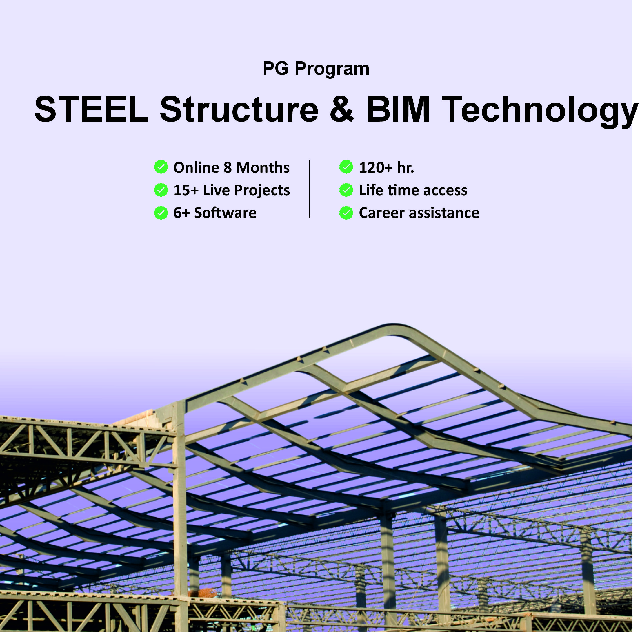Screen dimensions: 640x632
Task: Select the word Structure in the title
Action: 239,109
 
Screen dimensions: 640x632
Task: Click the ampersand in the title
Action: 342,109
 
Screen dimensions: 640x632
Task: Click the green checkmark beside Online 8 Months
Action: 161,167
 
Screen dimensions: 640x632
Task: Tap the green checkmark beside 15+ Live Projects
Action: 161,190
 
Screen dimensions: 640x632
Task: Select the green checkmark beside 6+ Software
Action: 161,213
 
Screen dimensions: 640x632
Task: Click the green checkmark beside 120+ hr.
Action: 346,167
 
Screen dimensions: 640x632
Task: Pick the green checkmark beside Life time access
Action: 346,190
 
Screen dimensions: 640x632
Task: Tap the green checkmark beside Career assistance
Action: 346,213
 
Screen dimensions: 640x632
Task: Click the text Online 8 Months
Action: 232,167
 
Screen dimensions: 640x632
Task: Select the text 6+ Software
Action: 215,213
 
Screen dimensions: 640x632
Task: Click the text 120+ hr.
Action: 387,167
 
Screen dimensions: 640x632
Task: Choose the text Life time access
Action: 413,190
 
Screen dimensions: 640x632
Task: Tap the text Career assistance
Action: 419,213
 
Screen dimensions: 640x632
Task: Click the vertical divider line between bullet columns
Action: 309,188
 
